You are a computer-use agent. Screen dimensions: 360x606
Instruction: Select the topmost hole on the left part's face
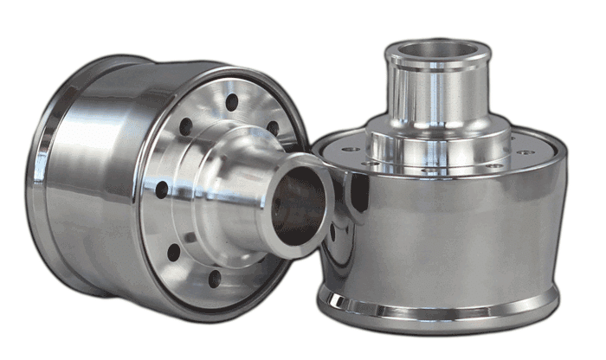[231, 103]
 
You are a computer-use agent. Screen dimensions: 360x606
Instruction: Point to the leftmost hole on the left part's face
[162, 184]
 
